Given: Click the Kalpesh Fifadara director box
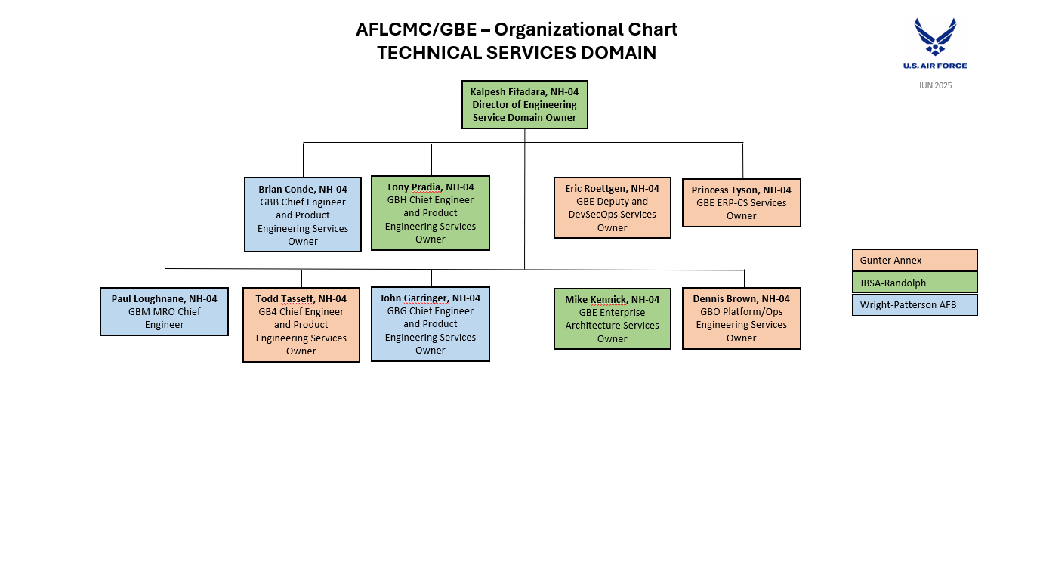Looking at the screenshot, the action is pos(525,104).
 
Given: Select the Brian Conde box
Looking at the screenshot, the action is pos(303,215).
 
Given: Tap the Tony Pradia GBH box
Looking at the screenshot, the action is pos(431,213).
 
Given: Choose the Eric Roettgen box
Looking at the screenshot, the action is pos(613,208).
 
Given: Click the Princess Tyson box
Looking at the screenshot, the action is pos(742,203).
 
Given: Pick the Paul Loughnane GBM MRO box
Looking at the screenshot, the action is pos(165,311).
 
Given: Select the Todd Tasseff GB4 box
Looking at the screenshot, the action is pos(301,325).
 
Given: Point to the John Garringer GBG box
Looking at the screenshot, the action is pos(431,324).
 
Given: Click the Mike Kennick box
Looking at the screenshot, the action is pos(613,319).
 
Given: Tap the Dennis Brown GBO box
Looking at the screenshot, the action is pos(742,319).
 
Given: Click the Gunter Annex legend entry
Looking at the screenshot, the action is pos(915,260).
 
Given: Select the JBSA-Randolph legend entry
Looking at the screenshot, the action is pos(915,283).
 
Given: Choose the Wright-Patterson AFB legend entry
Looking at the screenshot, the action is pos(915,304).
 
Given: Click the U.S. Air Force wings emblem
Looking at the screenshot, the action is pos(935,37).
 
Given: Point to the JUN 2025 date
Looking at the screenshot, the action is pos(935,85).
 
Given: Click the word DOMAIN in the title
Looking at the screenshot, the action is pos(619,52).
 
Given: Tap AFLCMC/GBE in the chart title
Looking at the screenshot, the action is pos(416,29).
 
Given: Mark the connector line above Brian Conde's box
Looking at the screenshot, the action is pos(303,159).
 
